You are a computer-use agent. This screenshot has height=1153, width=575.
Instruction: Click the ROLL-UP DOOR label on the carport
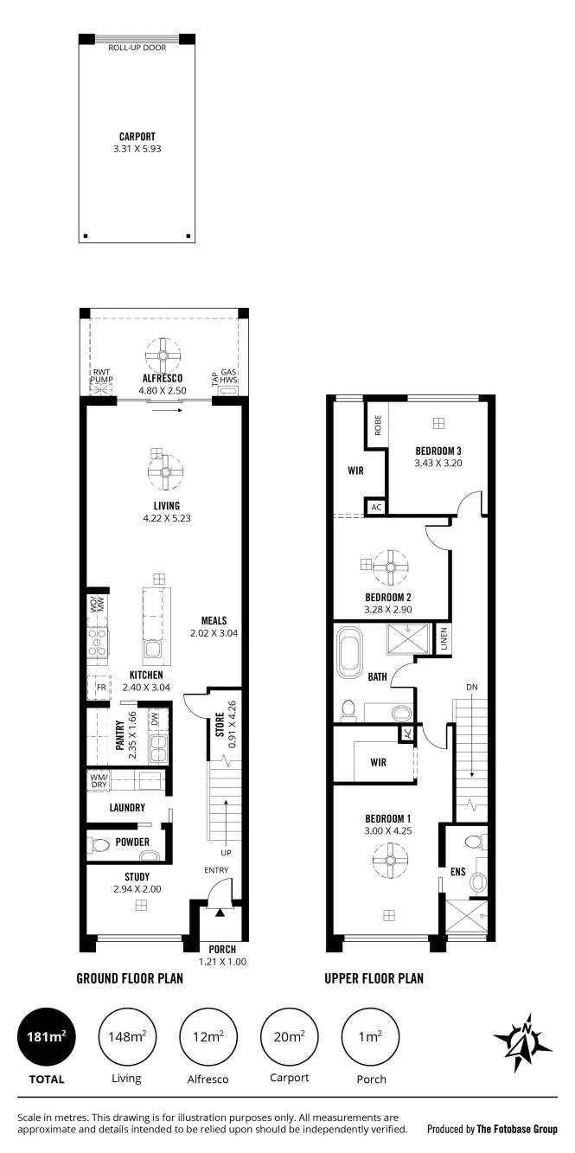(137, 48)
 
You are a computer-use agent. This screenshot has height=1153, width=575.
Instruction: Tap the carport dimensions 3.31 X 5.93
(137, 149)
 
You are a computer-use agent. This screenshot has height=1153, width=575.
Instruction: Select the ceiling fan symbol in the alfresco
(163, 356)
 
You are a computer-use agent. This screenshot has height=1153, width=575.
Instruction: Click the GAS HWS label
(228, 375)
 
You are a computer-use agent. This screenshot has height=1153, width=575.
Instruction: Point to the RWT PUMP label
(101, 375)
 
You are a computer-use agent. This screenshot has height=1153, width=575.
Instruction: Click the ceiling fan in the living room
(165, 472)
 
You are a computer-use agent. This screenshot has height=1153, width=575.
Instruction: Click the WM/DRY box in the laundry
(99, 781)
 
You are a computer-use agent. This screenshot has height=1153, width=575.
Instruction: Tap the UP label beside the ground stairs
(226, 853)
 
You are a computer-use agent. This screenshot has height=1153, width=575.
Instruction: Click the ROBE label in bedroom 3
(378, 426)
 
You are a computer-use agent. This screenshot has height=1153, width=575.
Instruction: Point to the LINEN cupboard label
(444, 639)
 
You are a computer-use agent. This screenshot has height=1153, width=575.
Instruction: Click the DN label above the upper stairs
(471, 687)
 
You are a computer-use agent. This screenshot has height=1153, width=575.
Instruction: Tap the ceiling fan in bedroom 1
(390, 860)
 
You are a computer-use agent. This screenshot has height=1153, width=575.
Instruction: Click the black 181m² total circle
(47, 1036)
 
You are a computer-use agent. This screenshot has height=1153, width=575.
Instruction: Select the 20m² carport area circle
(290, 1036)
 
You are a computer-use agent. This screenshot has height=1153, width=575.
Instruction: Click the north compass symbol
(522, 1042)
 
